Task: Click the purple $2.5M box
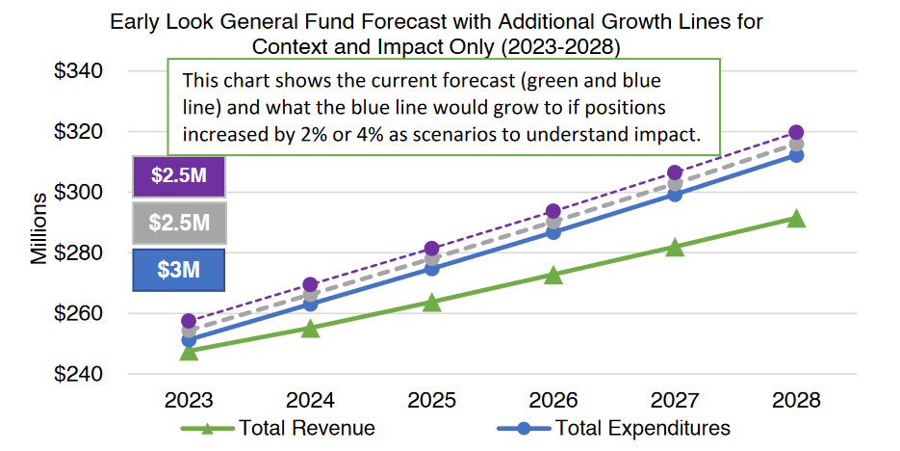click(178, 176)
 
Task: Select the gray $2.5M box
click(178, 223)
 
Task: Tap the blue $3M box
click(178, 270)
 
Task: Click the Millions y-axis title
click(39, 228)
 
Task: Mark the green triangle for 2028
click(796, 219)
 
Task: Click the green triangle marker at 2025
click(432, 303)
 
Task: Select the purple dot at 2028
click(796, 132)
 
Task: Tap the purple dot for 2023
click(189, 321)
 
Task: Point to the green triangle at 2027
click(675, 248)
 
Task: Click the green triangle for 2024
click(310, 329)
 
